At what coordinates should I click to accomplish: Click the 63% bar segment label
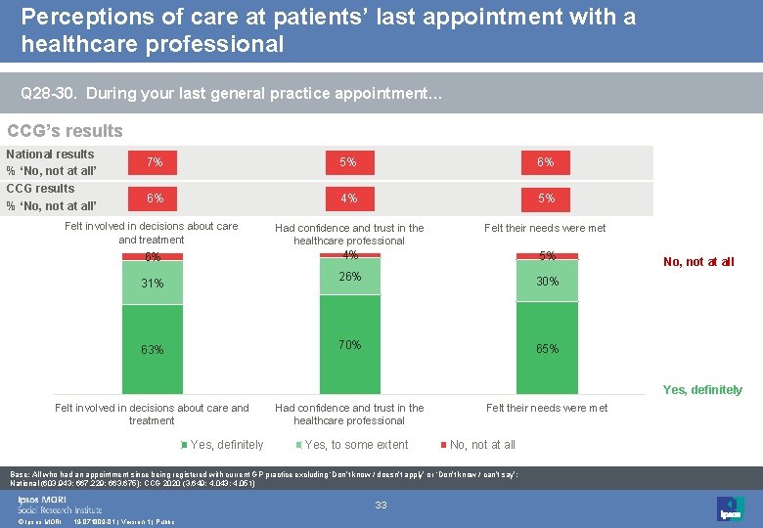pyautogui.click(x=153, y=350)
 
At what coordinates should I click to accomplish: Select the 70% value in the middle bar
pyautogui.click(x=350, y=344)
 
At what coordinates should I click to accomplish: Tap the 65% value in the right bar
pyautogui.click(x=547, y=349)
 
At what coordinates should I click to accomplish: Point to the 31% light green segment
pyautogui.click(x=153, y=284)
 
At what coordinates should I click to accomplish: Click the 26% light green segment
pyautogui.click(x=350, y=277)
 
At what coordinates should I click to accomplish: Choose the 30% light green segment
pyautogui.click(x=547, y=281)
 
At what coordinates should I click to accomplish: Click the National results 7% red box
pyautogui.click(x=155, y=162)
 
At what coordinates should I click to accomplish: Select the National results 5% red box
pyautogui.click(x=349, y=162)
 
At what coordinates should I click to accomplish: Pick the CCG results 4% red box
pyautogui.click(x=349, y=198)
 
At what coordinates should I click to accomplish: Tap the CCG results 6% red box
pyautogui.click(x=155, y=198)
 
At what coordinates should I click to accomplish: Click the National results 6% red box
pyautogui.click(x=546, y=162)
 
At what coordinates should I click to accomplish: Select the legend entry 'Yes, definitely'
pyautogui.click(x=226, y=445)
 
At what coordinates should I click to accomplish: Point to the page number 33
pyautogui.click(x=381, y=505)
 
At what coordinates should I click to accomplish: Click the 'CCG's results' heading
pyautogui.click(x=65, y=131)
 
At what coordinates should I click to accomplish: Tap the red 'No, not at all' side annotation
pyautogui.click(x=698, y=261)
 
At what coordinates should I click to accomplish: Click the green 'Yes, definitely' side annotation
pyautogui.click(x=702, y=389)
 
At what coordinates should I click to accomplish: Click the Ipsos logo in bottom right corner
pyautogui.click(x=730, y=508)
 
